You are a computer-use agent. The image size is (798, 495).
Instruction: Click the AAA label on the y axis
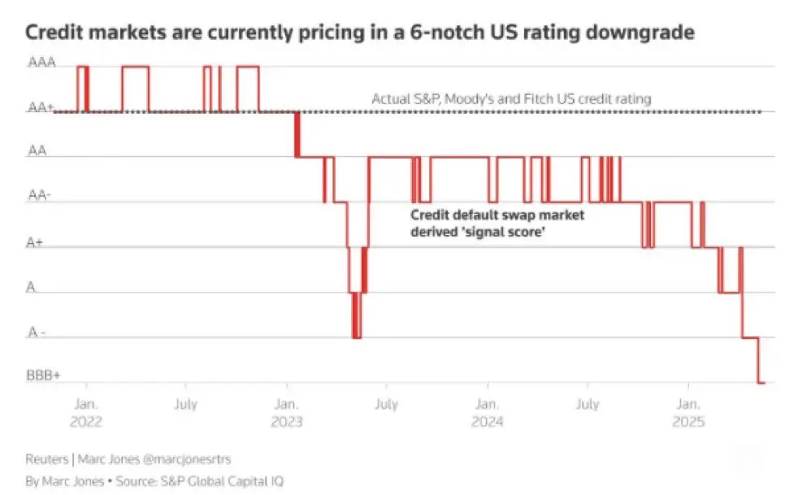(42, 63)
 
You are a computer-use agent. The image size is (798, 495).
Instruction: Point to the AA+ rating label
(42, 107)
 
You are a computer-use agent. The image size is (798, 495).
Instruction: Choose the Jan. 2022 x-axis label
(86, 411)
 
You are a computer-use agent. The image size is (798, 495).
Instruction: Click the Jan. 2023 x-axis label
(286, 411)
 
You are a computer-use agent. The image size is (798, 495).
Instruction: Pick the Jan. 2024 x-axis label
(487, 411)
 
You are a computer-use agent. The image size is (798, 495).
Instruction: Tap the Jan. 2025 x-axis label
(687, 411)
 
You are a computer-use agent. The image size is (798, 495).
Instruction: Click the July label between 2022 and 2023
(185, 403)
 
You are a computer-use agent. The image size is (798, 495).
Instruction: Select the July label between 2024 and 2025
(587, 403)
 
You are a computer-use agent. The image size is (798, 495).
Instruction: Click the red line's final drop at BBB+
(761, 381)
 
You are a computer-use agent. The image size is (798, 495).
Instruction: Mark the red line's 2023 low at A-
(356, 337)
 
